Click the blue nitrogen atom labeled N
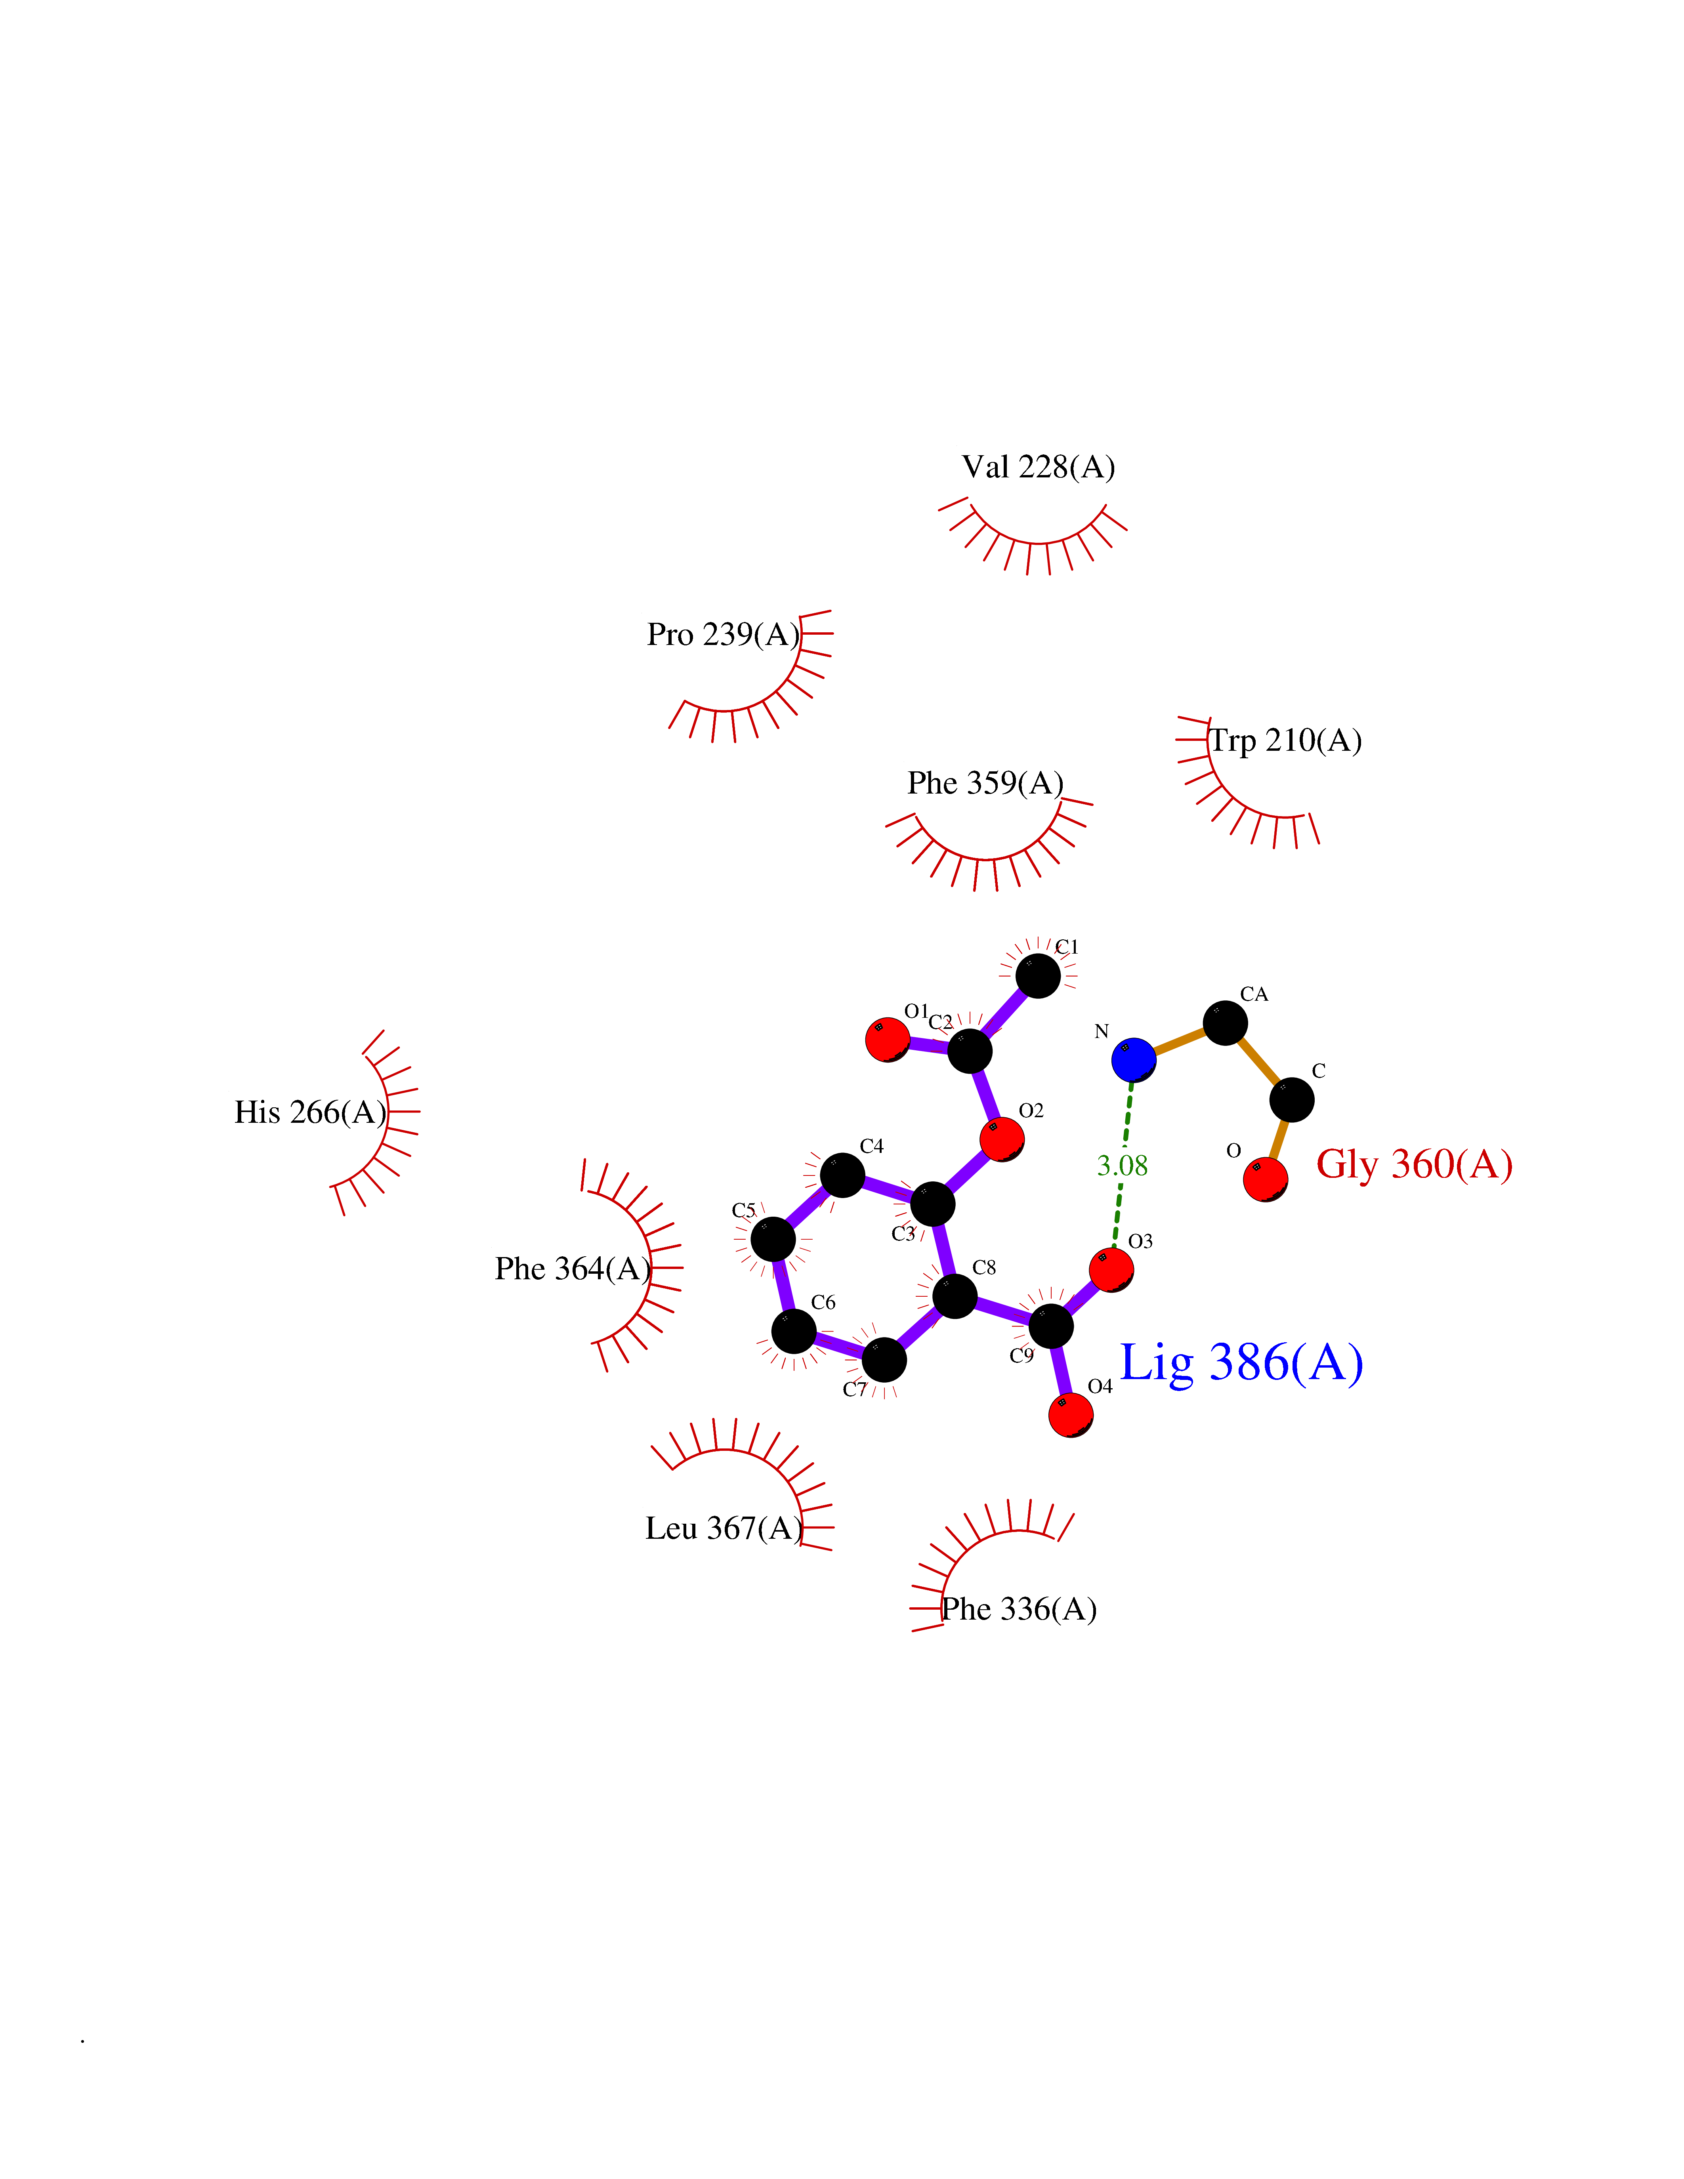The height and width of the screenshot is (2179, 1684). click(1133, 1059)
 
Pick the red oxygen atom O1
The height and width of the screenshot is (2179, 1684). click(887, 1041)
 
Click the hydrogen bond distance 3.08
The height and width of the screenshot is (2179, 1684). click(1122, 1165)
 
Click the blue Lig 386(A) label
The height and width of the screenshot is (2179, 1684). click(1241, 1363)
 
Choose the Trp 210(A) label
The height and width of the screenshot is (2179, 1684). click(1285, 740)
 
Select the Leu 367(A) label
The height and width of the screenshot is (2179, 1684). click(723, 1528)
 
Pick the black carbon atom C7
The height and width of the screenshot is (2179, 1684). click(884, 1360)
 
